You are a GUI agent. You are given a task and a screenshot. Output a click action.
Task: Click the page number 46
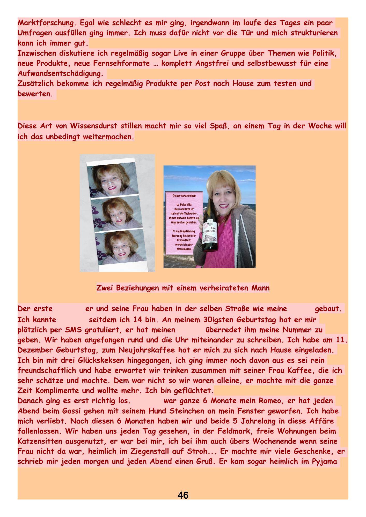[183, 495]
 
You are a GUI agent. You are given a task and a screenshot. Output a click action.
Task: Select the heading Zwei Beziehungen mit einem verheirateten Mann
[183, 288]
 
